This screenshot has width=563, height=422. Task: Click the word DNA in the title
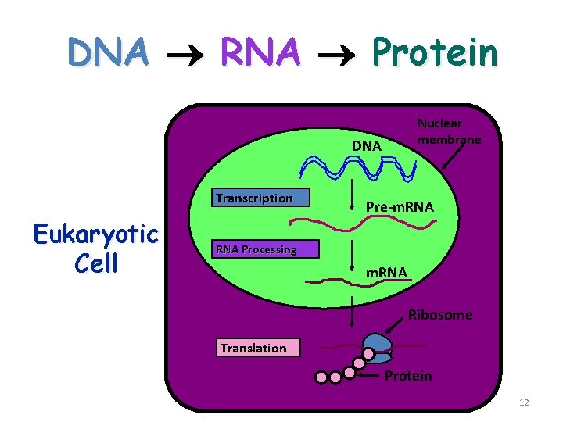click(108, 52)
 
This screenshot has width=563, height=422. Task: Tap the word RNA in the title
click(260, 52)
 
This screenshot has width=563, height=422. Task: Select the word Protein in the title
click(434, 52)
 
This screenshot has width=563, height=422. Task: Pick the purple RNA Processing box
click(267, 249)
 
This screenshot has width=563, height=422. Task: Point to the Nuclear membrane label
click(449, 131)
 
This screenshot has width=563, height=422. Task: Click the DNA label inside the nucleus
click(366, 146)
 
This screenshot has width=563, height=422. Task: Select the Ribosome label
click(440, 315)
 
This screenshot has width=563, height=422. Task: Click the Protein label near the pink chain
click(408, 376)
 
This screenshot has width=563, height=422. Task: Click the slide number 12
click(524, 402)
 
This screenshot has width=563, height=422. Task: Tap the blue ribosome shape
click(378, 347)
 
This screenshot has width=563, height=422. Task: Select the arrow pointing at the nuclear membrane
click(454, 157)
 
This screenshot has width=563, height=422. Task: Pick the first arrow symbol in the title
click(185, 53)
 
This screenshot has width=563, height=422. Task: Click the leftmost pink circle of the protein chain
click(321, 377)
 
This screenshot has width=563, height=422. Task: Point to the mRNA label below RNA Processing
click(388, 272)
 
